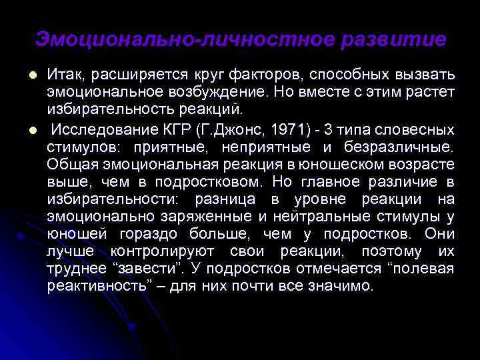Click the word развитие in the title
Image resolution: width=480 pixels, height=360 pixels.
pyautogui.click(x=393, y=39)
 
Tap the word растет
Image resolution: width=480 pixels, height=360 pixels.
pyautogui.click(x=429, y=90)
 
